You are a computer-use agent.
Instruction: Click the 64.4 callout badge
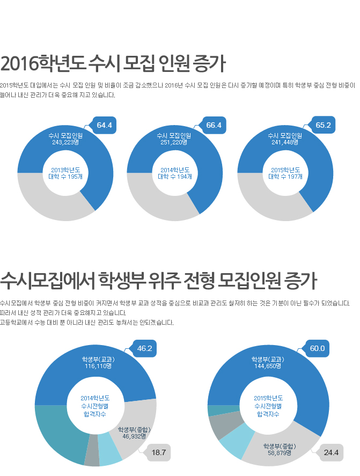104,126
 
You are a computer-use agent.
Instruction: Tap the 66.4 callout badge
214,126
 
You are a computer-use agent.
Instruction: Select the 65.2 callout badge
323,126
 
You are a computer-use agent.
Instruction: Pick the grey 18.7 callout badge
158,453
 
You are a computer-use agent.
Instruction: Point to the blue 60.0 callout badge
317,349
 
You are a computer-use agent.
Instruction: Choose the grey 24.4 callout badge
331,453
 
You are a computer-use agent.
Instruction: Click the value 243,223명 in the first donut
65,143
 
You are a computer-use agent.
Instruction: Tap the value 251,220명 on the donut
174,143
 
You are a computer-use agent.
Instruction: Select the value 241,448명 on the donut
285,143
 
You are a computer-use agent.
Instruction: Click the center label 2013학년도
65,170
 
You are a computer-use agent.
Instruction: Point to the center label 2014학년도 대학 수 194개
174,173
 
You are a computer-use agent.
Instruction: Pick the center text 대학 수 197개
285,177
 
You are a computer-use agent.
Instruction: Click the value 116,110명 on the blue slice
98,367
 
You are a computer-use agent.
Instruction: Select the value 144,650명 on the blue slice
268,367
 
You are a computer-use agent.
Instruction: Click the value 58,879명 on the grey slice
280,453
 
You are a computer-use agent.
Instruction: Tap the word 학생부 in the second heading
122,280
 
